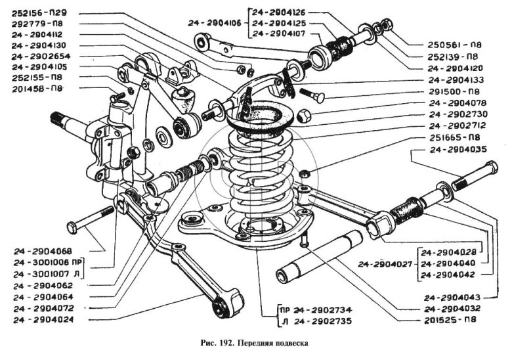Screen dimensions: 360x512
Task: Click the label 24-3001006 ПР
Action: click(x=48, y=261)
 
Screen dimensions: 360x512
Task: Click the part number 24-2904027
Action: click(x=385, y=264)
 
